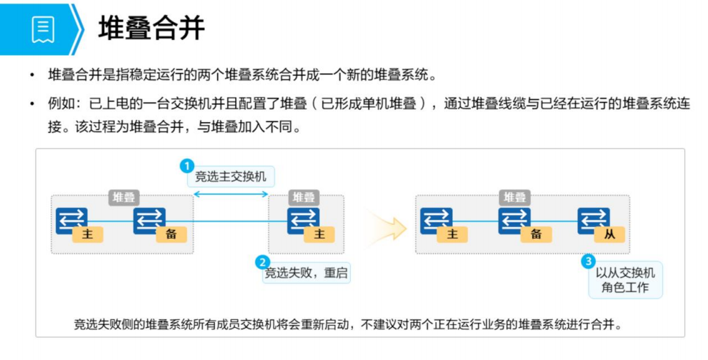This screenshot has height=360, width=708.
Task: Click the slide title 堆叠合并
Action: (x=151, y=28)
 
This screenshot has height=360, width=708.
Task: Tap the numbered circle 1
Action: (x=186, y=166)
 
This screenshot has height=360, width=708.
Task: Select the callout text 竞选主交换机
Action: (x=230, y=177)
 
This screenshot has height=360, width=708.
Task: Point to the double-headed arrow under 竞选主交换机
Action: (x=231, y=194)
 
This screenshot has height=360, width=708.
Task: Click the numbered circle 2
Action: (x=263, y=262)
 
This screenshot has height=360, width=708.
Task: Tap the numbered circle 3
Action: (x=588, y=261)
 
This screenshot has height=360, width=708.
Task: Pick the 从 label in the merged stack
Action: (x=609, y=234)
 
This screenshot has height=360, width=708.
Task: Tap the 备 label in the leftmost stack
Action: (x=171, y=234)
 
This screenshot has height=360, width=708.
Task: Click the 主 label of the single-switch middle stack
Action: (x=319, y=234)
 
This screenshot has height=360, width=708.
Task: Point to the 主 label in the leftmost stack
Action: (x=88, y=234)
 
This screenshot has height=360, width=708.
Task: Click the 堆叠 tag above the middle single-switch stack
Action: (x=304, y=197)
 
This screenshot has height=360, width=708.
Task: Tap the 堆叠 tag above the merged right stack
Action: (x=514, y=197)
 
